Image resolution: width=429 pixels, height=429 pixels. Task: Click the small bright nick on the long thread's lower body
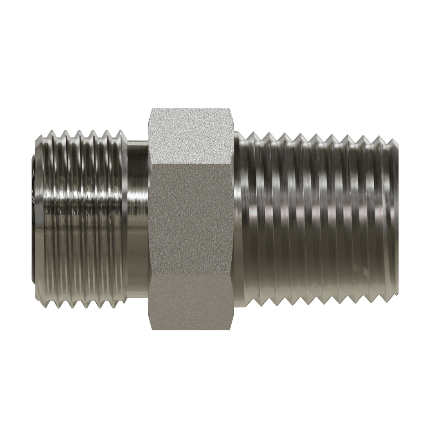click(x=364, y=270)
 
